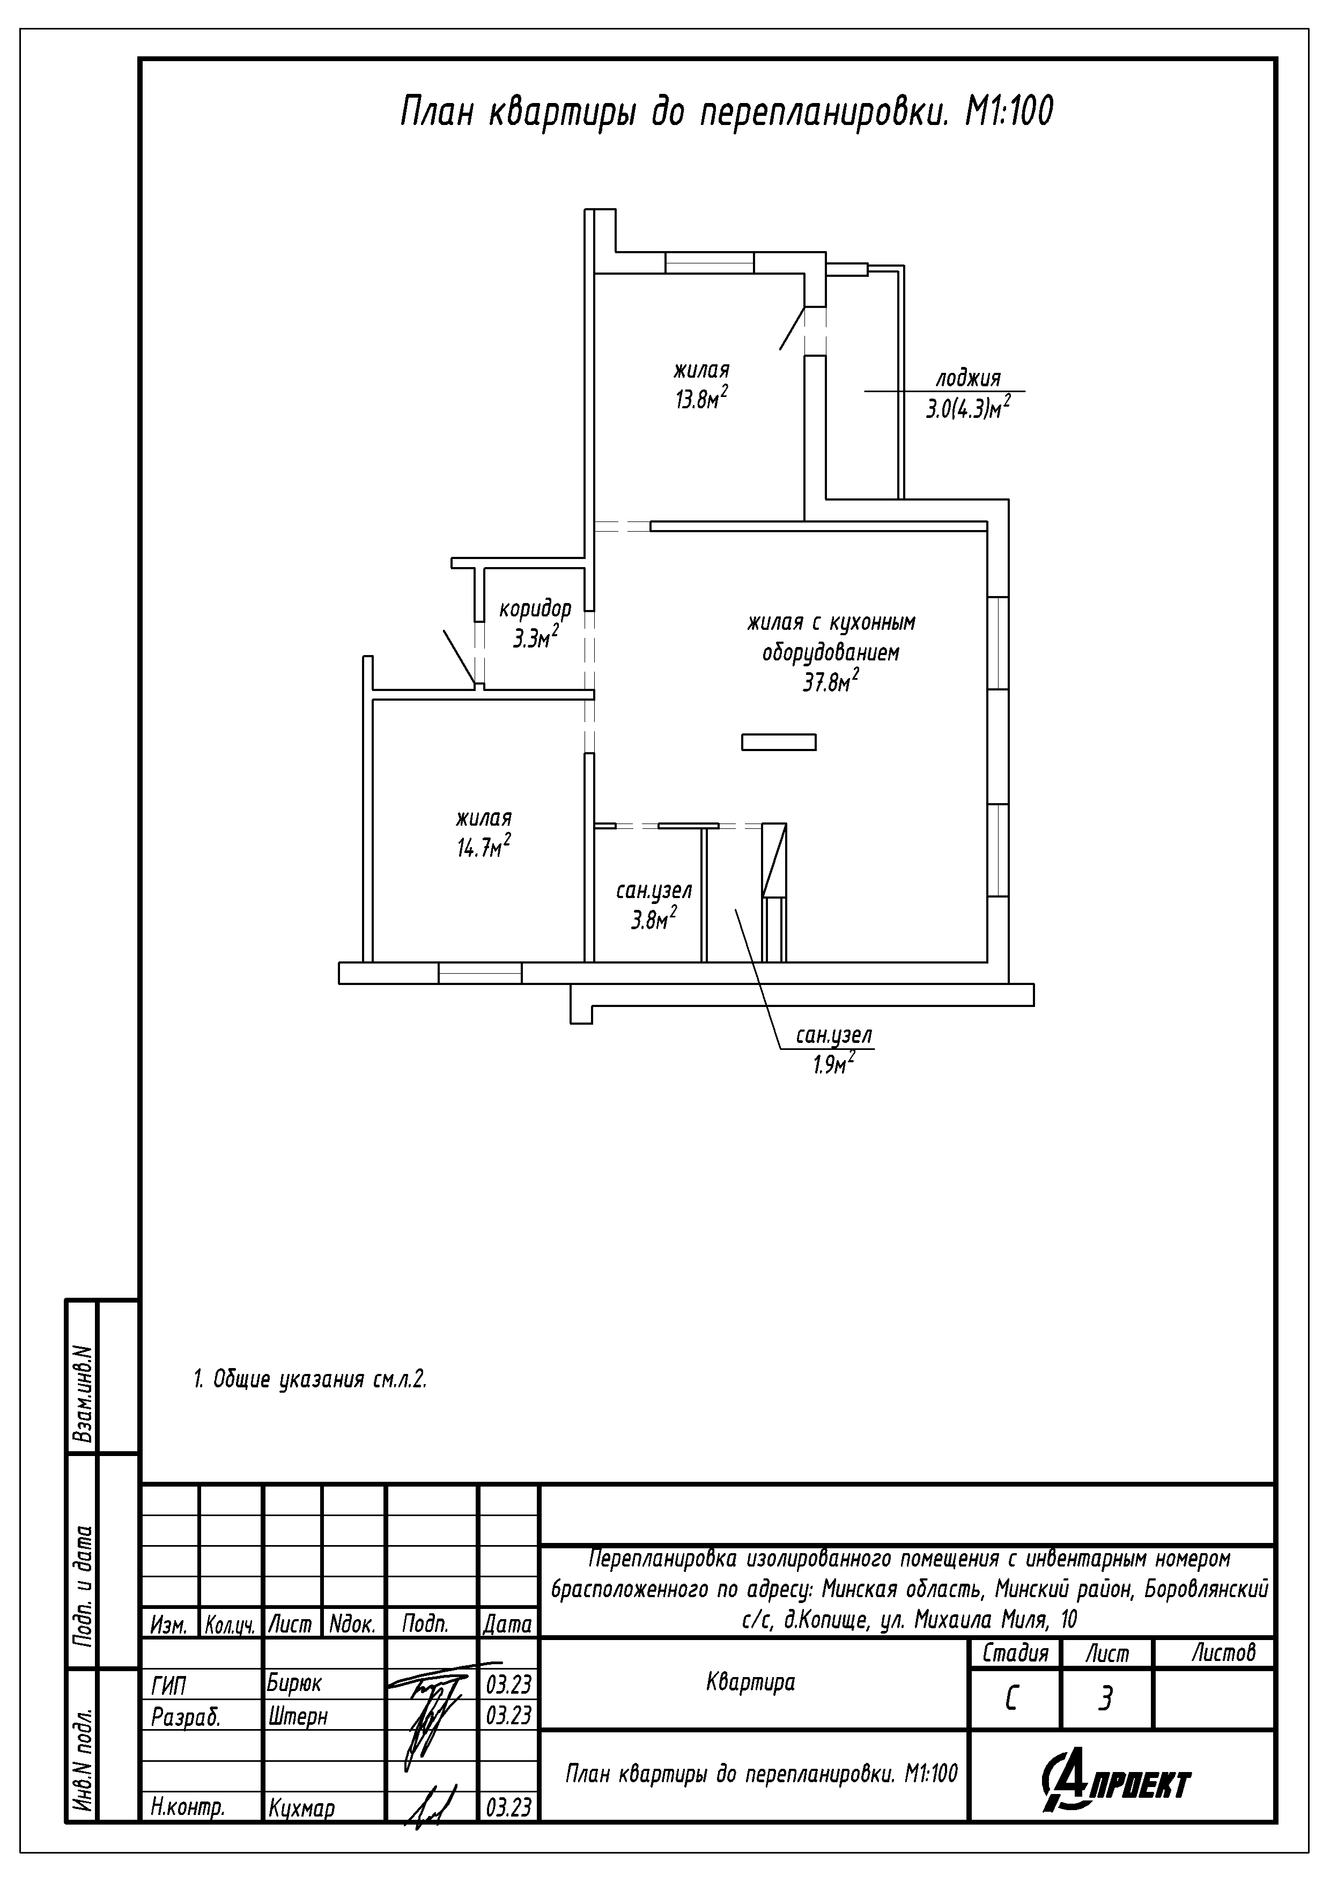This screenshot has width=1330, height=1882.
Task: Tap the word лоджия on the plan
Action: (969, 379)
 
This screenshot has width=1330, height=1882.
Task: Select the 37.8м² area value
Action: (831, 680)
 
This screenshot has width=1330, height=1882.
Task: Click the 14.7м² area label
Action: (484, 846)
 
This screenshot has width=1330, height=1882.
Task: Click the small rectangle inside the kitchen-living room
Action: (779, 742)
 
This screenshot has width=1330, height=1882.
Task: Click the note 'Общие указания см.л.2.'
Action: (320, 1379)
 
